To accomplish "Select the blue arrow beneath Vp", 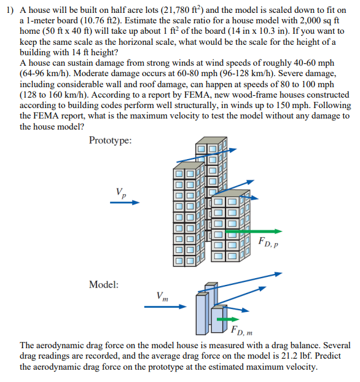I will pos(125,203).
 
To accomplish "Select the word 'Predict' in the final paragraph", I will pos(334,356).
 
